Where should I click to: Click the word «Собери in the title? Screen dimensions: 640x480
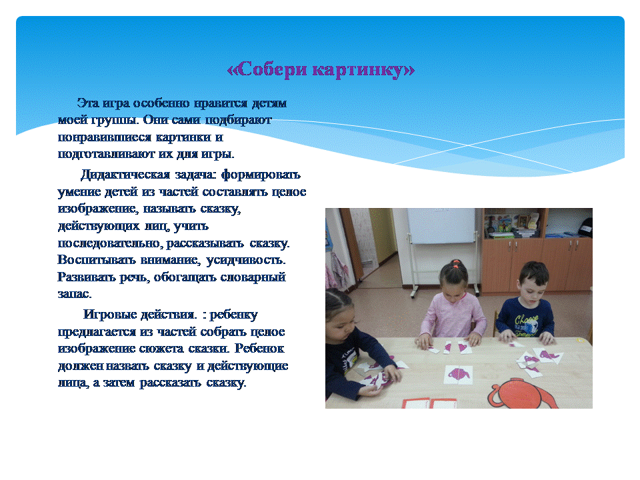267,70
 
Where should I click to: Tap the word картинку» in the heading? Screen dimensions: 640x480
364,70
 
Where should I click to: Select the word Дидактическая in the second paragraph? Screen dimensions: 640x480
125,175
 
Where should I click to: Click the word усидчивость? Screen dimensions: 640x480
246,261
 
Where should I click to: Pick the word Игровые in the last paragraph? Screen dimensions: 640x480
110,315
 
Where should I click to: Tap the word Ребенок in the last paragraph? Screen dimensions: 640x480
259,349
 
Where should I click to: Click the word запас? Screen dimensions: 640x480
75,294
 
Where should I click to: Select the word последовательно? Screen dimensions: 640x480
111,243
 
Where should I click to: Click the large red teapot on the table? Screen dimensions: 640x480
524,393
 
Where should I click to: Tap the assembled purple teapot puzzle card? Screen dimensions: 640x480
459,374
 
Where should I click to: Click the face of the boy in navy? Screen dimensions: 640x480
532,289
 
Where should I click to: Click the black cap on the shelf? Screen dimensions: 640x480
586,227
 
